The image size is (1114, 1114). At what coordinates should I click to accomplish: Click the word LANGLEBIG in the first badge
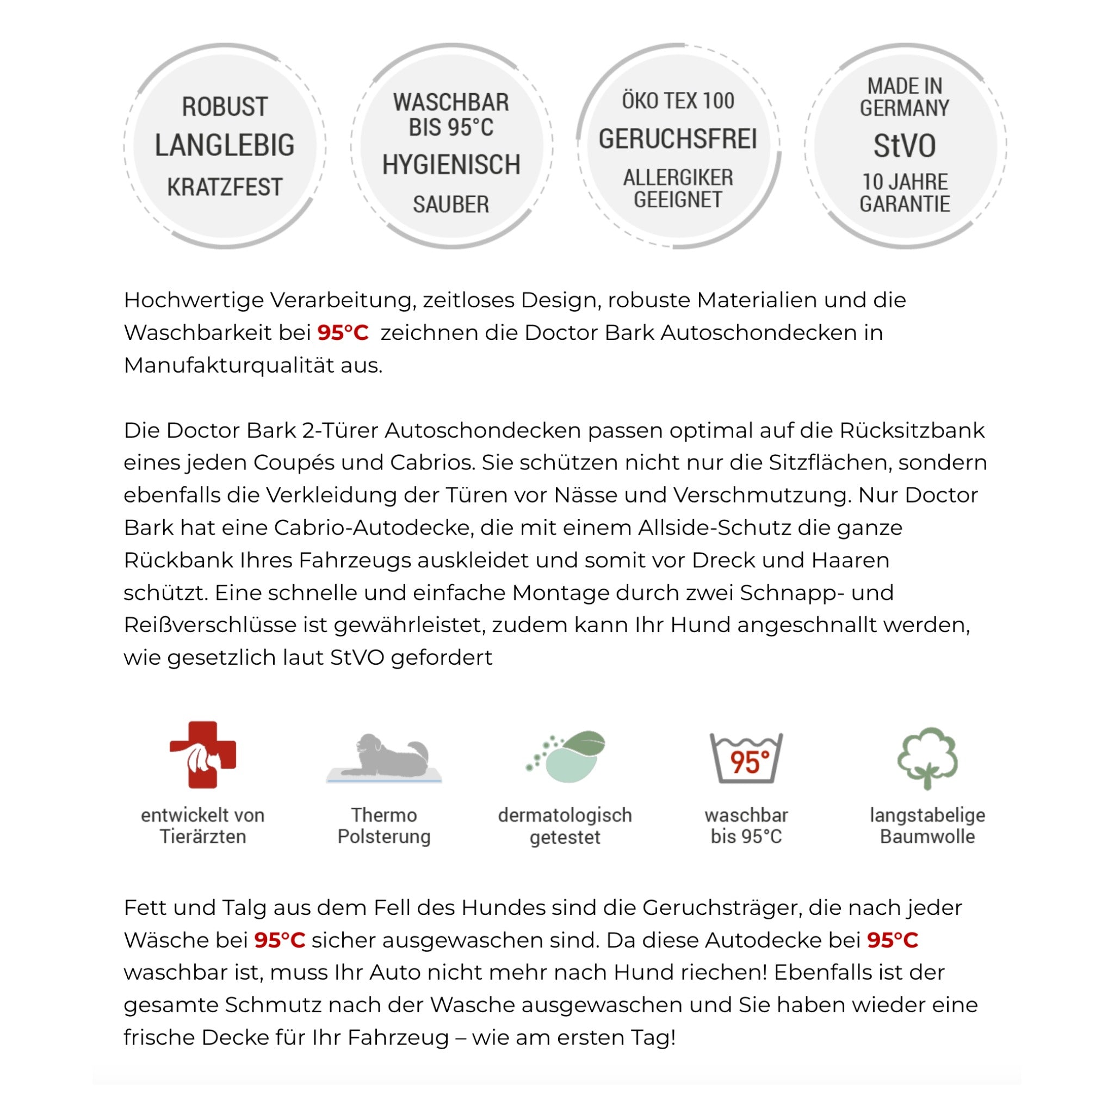[224, 145]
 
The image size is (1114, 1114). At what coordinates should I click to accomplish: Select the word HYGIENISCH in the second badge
[451, 165]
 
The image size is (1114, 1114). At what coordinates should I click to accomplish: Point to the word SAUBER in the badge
[451, 205]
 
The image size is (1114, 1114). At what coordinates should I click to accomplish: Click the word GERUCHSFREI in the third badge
[678, 140]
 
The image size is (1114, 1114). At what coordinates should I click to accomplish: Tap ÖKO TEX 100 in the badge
[678, 102]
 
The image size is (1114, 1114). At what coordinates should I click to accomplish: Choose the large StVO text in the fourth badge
[904, 146]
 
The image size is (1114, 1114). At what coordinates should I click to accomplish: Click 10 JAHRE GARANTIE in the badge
[904, 193]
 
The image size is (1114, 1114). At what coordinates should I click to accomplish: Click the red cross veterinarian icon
[203, 754]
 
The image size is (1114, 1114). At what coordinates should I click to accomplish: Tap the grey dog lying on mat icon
[384, 758]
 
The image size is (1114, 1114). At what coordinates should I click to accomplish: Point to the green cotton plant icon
[927, 758]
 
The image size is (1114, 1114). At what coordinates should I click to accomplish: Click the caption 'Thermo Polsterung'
[384, 826]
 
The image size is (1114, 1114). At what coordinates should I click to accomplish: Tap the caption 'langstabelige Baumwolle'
[927, 826]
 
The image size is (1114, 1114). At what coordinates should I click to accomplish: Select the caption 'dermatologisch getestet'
[565, 826]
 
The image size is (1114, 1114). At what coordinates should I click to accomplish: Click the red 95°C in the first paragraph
[343, 333]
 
